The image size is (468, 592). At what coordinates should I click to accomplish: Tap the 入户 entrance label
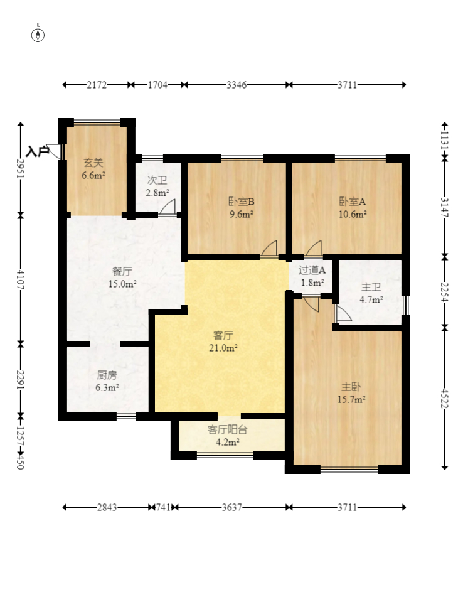tap(38, 151)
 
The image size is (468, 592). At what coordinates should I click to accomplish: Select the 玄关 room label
tap(93, 163)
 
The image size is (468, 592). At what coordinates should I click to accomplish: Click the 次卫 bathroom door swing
tap(168, 207)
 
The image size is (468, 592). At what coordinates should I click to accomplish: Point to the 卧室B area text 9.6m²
tap(241, 215)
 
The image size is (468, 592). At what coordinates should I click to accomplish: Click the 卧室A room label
tap(352, 202)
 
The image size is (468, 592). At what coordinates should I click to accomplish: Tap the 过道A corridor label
tap(312, 270)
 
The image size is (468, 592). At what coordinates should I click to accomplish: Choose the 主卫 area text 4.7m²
tap(371, 300)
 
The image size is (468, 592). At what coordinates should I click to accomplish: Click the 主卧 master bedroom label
tap(351, 387)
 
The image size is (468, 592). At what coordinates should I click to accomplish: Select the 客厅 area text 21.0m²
tap(223, 348)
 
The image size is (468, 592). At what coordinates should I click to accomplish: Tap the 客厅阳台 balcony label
tap(227, 429)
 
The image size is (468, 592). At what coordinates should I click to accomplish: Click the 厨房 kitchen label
tap(107, 375)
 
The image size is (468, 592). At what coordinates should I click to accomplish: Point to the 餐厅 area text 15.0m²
tap(122, 284)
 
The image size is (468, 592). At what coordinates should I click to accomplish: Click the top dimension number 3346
tap(237, 85)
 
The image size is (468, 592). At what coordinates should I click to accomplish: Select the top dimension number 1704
tap(157, 85)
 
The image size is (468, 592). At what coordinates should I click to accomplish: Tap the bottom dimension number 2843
tap(107, 507)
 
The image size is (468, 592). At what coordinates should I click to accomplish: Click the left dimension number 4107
tap(20, 280)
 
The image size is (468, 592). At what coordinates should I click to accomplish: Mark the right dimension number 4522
tap(444, 398)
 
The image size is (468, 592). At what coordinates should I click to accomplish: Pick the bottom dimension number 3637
tap(231, 507)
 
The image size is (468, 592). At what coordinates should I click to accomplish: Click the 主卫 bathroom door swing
tap(343, 314)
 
